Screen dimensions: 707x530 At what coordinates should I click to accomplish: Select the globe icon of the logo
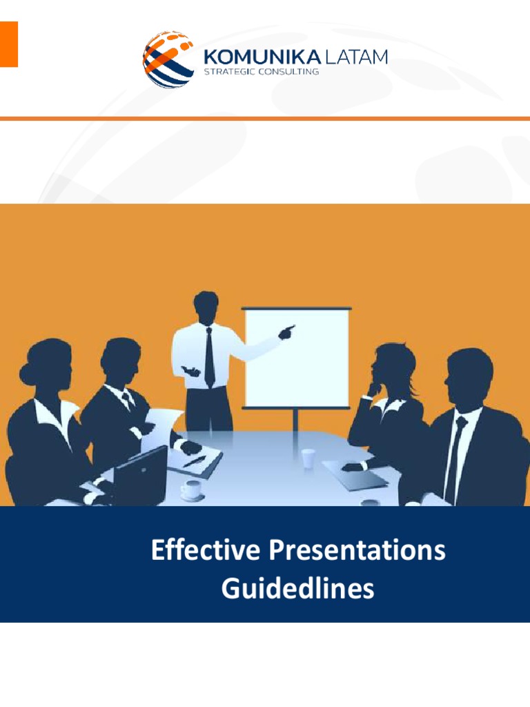(x=168, y=59)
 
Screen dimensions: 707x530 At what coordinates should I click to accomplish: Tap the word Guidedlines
(x=297, y=589)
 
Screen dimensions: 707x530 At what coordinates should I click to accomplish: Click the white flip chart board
(x=297, y=358)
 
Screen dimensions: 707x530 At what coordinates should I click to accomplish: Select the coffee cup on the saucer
(x=191, y=490)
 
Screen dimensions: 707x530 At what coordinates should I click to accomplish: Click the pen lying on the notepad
(x=194, y=461)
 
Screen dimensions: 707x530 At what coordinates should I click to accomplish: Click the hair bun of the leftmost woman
(x=28, y=374)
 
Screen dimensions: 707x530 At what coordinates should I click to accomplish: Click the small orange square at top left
(x=8, y=44)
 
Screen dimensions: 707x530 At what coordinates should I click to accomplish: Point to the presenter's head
(x=206, y=307)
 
